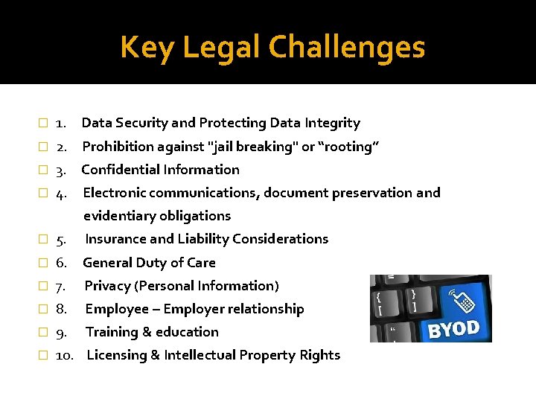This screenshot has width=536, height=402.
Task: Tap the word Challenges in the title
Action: tap(346, 48)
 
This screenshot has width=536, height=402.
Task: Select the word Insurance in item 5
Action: tap(116, 239)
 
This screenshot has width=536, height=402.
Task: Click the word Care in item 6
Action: tap(201, 262)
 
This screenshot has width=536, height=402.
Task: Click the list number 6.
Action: tap(62, 262)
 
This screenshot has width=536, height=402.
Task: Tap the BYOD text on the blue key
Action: tap(454, 328)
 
